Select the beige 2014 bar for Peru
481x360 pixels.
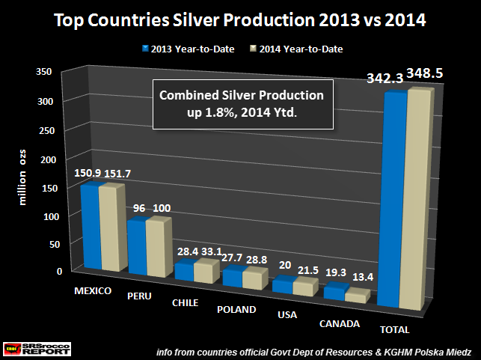tap(157, 247)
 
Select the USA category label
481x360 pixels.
tap(287, 316)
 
